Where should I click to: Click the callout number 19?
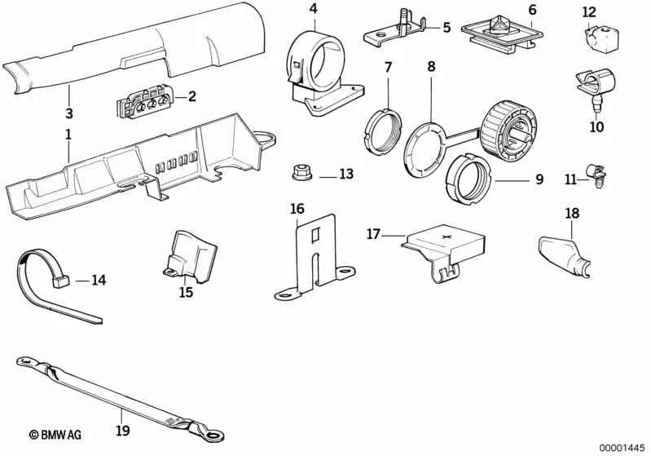click(x=122, y=431)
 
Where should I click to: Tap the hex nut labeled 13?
click(x=299, y=174)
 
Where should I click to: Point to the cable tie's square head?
click(x=59, y=281)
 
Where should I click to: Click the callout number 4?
click(x=313, y=10)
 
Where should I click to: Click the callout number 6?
click(x=532, y=10)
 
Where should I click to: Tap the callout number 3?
click(x=69, y=113)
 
